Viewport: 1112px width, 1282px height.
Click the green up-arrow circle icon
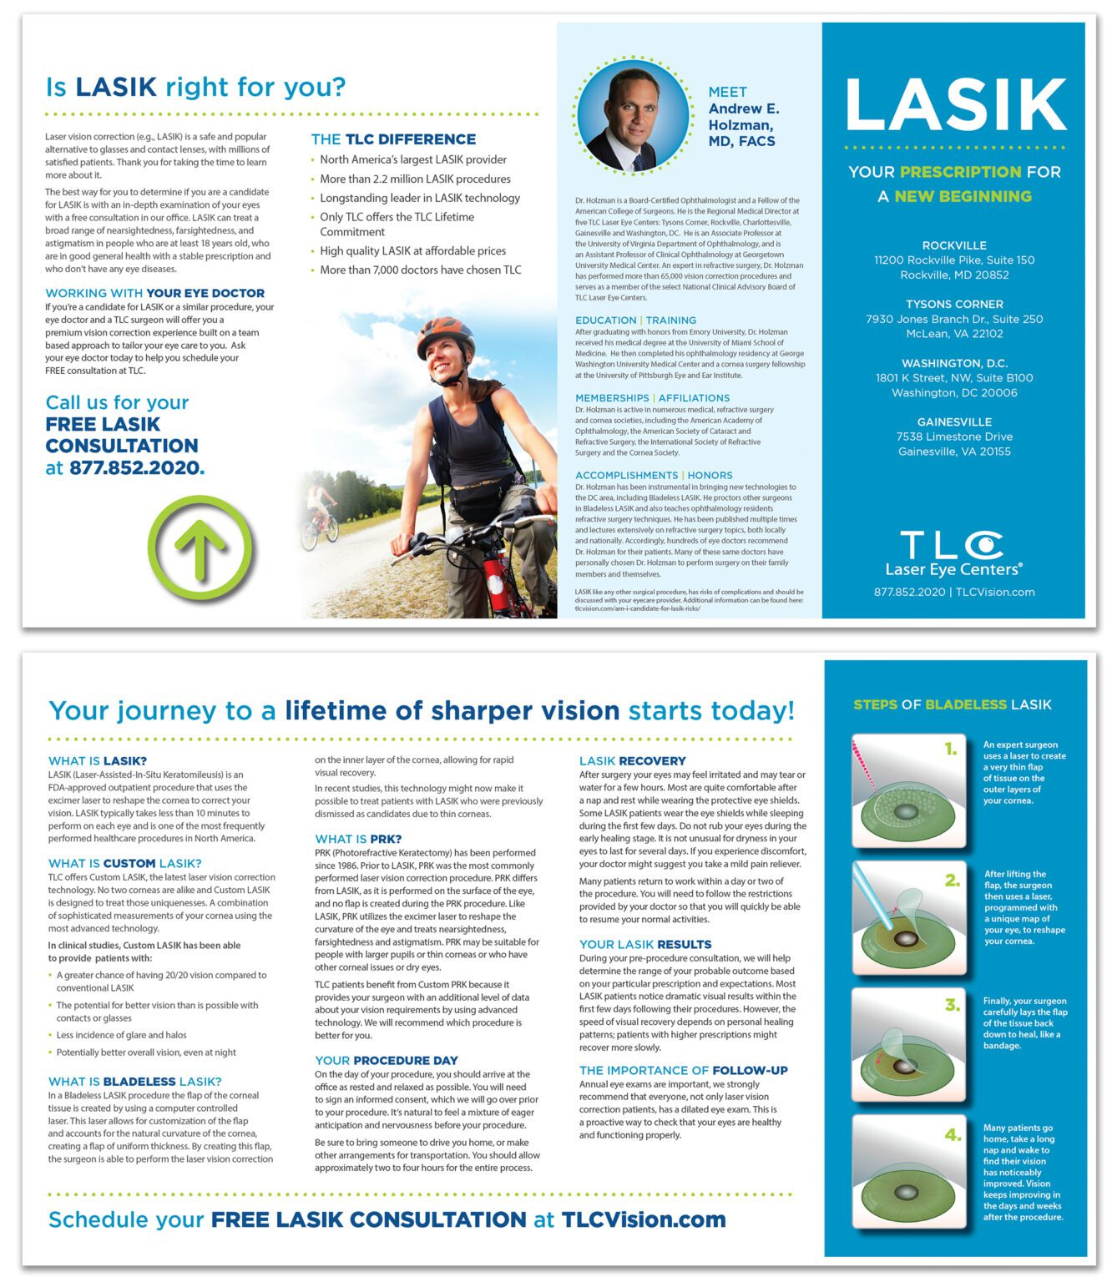(x=200, y=548)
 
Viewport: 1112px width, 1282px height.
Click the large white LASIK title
(x=955, y=104)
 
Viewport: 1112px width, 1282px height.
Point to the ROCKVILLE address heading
(x=953, y=245)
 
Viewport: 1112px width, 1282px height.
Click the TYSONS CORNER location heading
(x=953, y=305)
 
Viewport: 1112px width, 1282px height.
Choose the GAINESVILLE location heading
(x=953, y=422)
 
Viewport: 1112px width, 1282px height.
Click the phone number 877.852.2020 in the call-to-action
(x=136, y=467)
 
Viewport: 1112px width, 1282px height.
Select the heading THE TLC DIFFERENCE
(x=393, y=139)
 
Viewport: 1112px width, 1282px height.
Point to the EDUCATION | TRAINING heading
(x=635, y=320)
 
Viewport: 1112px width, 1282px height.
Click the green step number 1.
(x=950, y=749)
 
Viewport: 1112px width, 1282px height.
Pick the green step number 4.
(x=953, y=1134)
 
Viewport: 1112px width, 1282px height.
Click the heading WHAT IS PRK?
(x=358, y=839)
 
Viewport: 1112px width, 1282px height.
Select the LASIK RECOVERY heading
(x=632, y=761)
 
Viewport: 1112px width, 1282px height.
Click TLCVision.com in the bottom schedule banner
(x=644, y=1219)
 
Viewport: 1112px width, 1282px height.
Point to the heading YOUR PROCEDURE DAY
(x=386, y=1061)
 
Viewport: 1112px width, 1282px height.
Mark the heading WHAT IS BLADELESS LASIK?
(x=134, y=1082)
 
